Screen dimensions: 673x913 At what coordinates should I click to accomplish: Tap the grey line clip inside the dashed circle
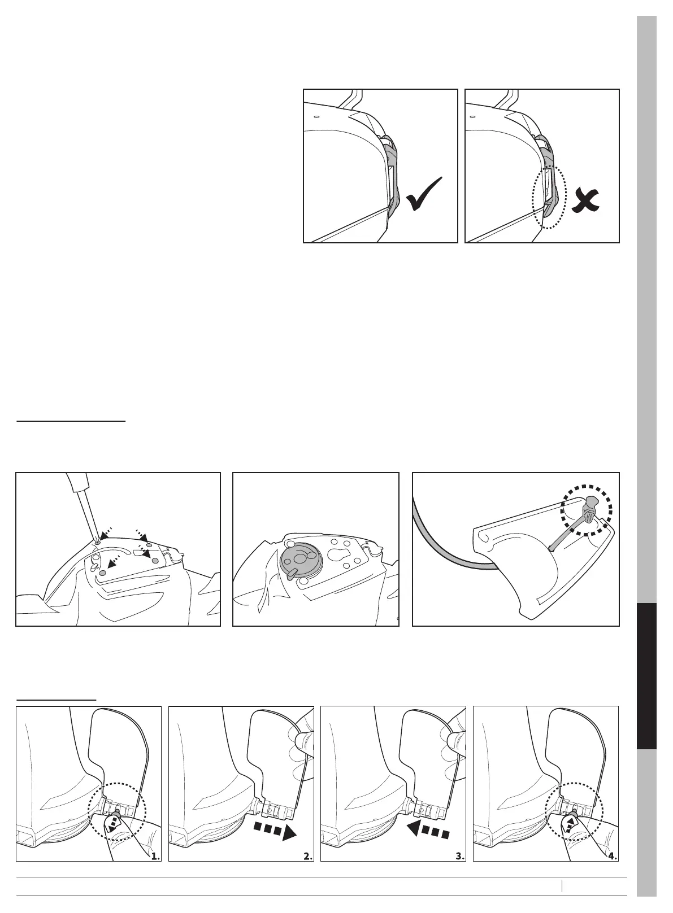click(x=588, y=511)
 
